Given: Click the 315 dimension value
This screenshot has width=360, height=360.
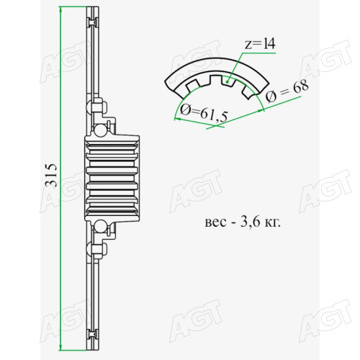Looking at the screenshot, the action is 51,176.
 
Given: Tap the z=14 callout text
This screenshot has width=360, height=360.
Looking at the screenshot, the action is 260,44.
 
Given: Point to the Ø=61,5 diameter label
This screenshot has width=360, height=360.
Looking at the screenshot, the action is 204,114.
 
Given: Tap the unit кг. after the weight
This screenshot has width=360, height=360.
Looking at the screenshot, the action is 272,222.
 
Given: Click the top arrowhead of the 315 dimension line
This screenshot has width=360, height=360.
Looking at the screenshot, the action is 60,10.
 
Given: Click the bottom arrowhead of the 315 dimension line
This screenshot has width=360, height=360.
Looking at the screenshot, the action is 60,347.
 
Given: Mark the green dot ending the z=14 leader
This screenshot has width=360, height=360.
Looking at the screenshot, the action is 227,81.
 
